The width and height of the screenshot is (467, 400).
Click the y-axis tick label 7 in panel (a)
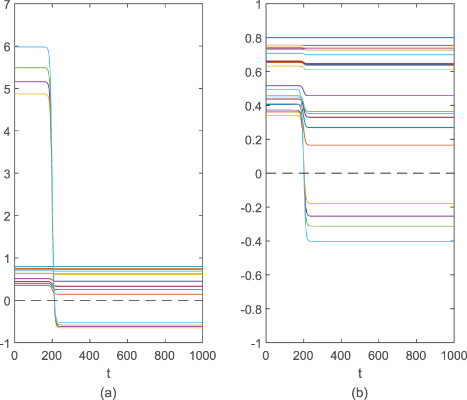6,4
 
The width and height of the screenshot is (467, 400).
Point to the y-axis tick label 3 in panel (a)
6,173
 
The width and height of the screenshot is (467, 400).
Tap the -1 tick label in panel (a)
5,343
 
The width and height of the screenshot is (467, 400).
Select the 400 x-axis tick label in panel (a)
89,356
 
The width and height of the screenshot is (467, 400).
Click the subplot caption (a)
108,392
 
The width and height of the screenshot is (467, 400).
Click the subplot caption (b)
359,392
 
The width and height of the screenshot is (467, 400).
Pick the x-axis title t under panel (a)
108,373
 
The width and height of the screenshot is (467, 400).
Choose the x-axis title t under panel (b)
359,373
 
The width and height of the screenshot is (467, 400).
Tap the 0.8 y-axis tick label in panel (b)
252,38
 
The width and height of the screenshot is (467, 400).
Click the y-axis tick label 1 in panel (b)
257,4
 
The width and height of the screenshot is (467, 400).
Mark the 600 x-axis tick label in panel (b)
378,356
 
